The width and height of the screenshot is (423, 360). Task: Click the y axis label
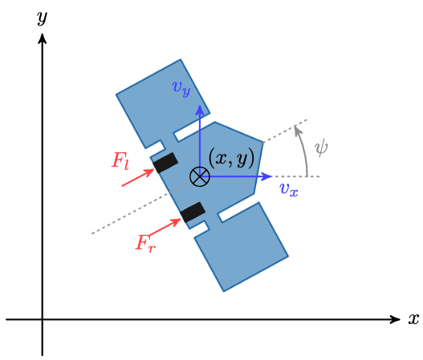pyautogui.click(x=43, y=17)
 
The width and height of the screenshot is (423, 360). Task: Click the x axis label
pyautogui.click(x=413, y=319)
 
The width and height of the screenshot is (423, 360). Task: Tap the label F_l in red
pyautogui.click(x=120, y=160)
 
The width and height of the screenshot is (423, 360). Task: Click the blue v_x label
pyautogui.click(x=289, y=189)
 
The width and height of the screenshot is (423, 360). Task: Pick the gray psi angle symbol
pyautogui.click(x=322, y=147)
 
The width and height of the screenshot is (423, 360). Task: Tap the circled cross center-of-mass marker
pyautogui.click(x=199, y=176)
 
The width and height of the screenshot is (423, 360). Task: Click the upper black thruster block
pyautogui.click(x=165, y=163)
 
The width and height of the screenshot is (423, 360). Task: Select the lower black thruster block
pyautogui.click(x=193, y=212)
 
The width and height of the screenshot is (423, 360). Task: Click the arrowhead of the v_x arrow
pyautogui.click(x=269, y=176)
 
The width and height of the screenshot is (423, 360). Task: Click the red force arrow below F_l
pyautogui.click(x=137, y=178)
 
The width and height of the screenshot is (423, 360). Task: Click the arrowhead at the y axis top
pyautogui.click(x=42, y=36)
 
